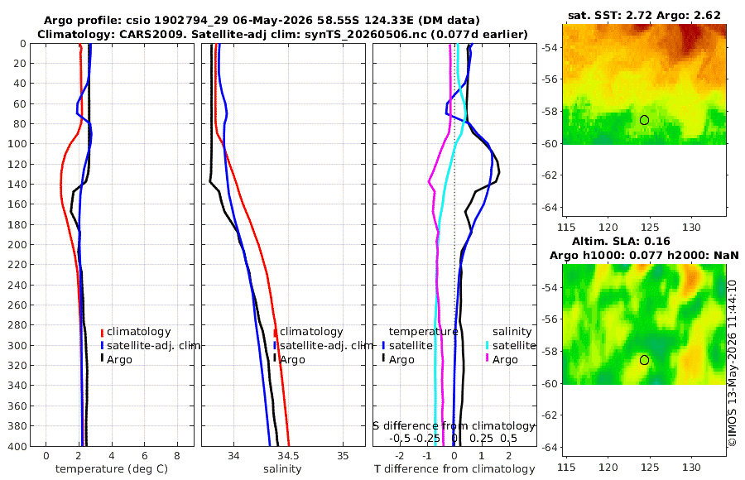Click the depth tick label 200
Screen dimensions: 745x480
click(17, 244)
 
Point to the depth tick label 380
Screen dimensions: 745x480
click(17, 426)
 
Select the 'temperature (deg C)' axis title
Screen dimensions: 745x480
click(112, 469)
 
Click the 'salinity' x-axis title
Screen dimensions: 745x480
click(283, 469)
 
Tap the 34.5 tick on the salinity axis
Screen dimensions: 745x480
click(288, 456)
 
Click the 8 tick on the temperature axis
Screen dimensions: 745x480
click(177, 456)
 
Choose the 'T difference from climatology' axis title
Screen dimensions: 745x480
click(454, 469)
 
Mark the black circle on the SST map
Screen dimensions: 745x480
click(644, 120)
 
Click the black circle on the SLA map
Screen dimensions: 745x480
click(644, 360)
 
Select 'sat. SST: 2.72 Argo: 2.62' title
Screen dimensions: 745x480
click(644, 15)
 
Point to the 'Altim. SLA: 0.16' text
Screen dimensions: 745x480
click(621, 241)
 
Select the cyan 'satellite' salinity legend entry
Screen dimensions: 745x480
click(512, 345)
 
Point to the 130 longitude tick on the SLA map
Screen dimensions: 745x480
click(691, 468)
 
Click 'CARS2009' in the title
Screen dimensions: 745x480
click(118, 34)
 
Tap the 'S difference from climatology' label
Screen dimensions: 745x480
click(454, 426)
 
